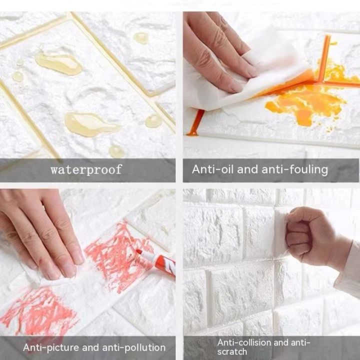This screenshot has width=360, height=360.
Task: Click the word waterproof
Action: pos(86,169)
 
